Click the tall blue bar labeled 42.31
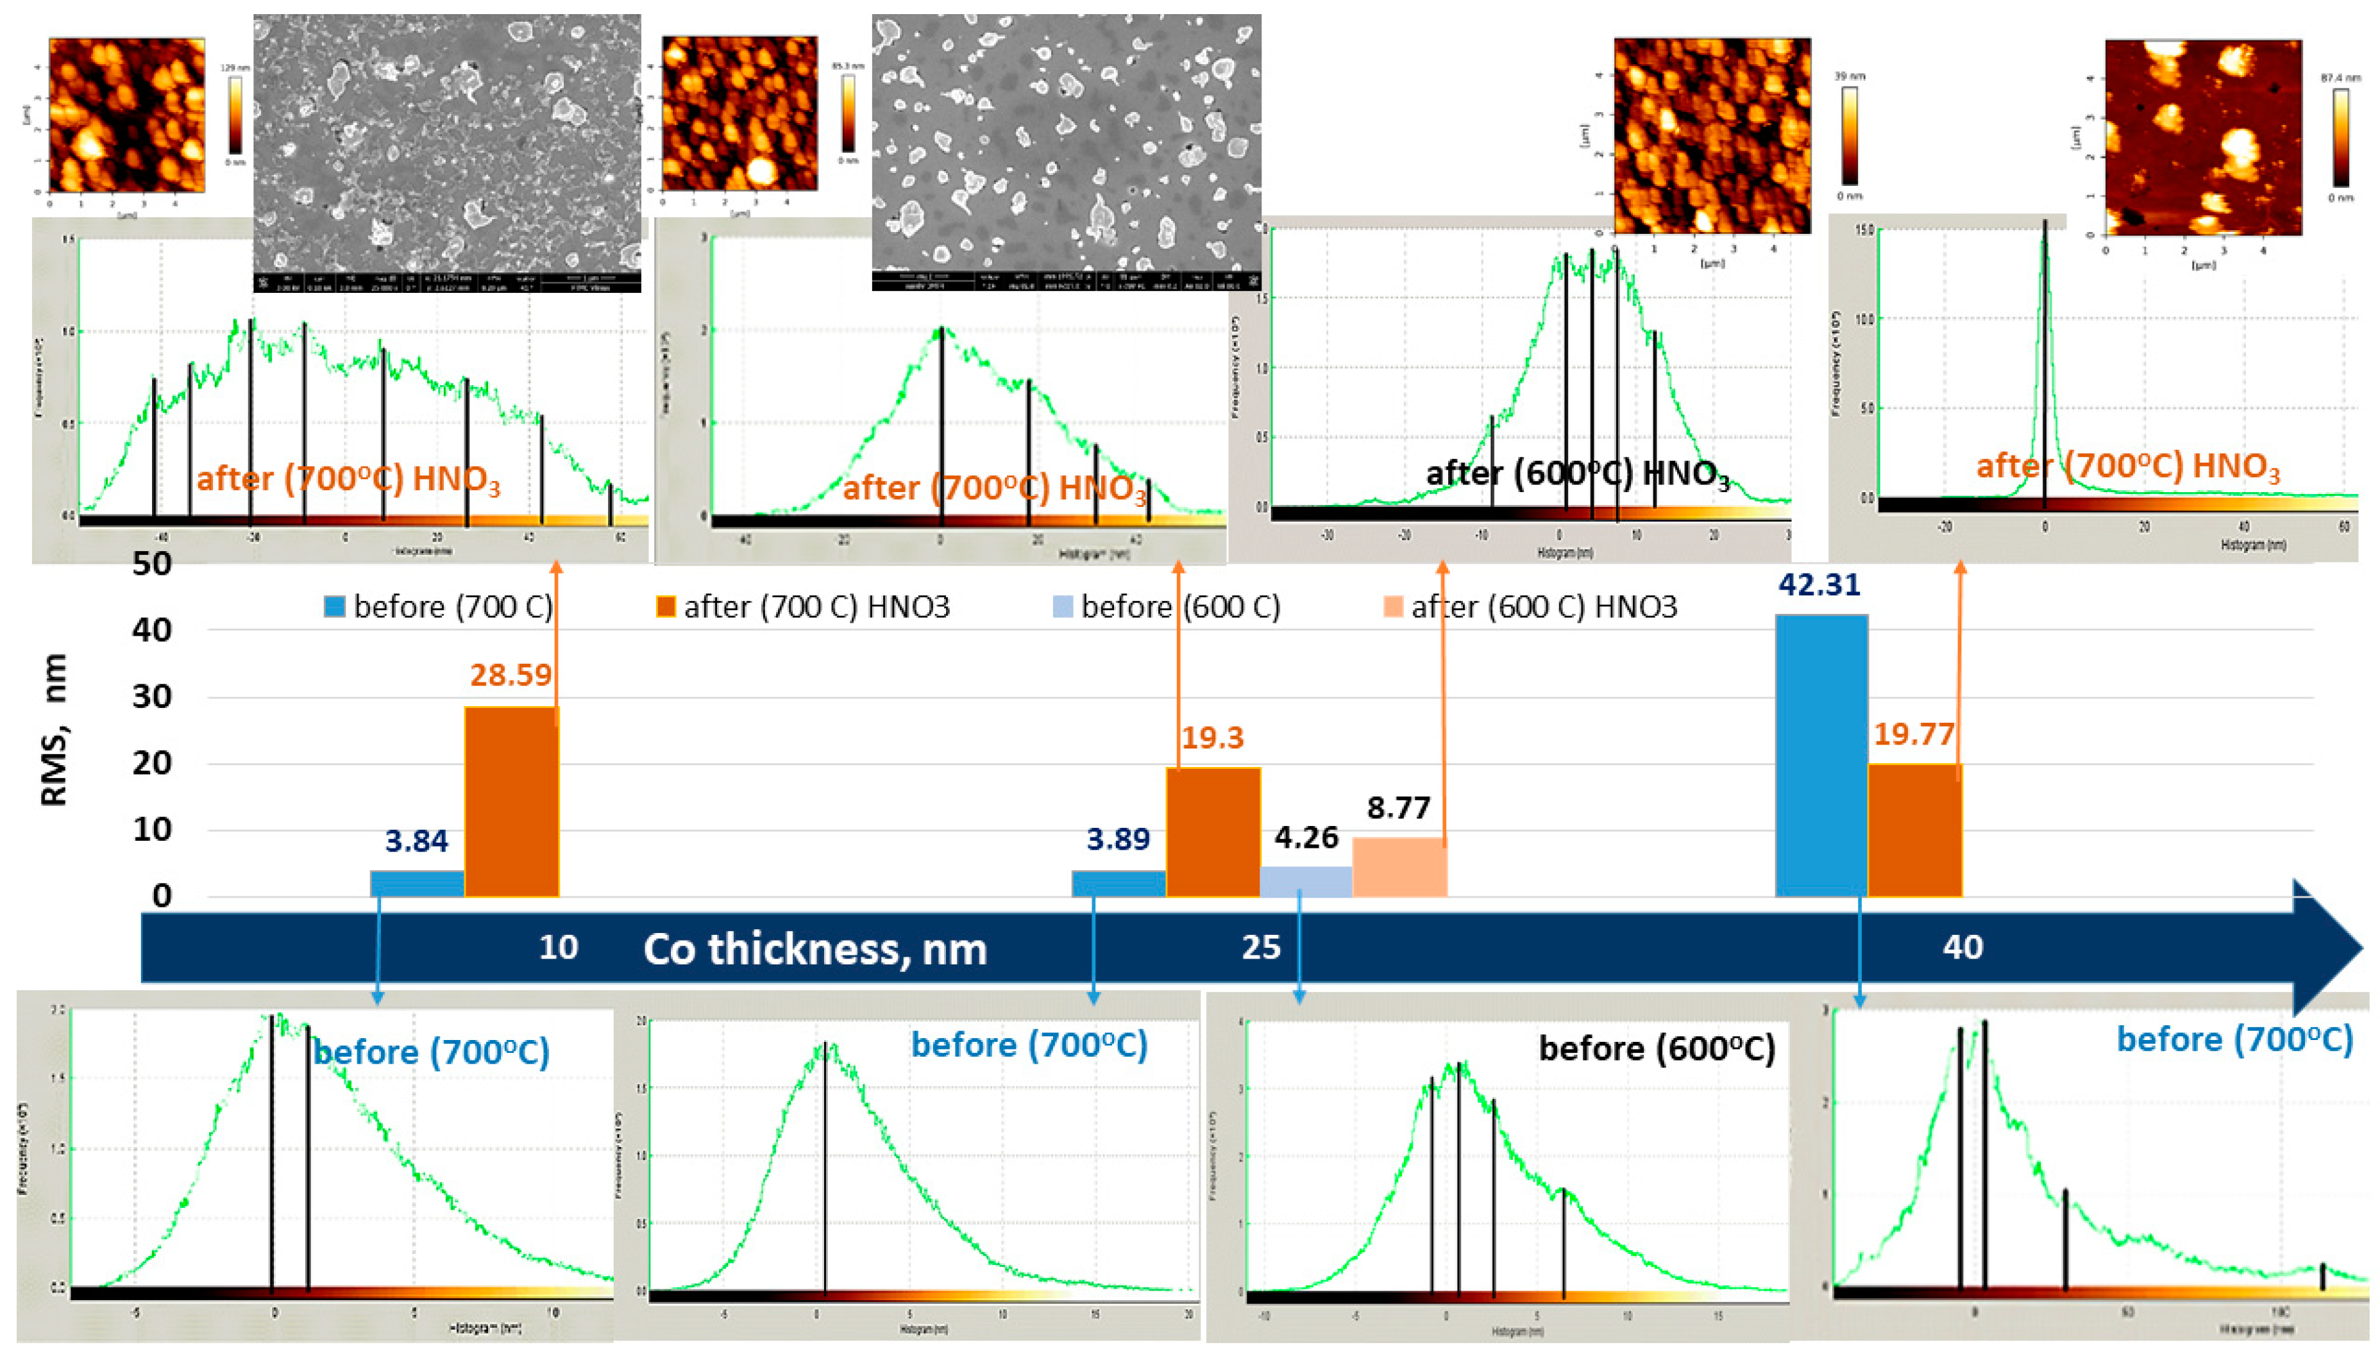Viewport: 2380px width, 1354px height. (x=1821, y=755)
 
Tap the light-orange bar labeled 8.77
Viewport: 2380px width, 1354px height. (x=1399, y=867)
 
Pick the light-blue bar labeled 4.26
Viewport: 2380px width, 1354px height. (x=1305, y=882)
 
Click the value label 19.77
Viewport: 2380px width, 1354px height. (x=1913, y=734)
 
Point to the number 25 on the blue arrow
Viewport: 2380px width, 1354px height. (x=1261, y=946)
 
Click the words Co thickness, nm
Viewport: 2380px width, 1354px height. (x=815, y=948)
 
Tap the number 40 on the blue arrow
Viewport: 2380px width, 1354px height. (x=1962, y=946)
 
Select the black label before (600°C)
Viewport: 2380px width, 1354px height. (x=1656, y=1048)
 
